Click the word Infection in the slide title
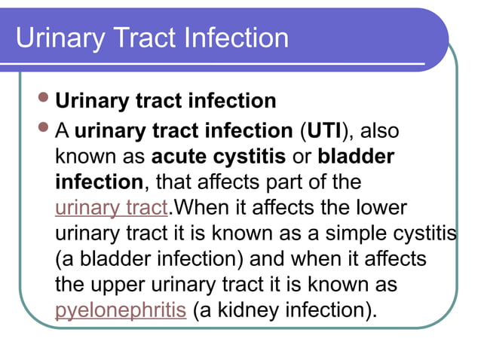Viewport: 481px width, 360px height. pos(234,38)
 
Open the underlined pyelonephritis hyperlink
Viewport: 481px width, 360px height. pos(121,310)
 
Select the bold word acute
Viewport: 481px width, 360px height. pos(179,157)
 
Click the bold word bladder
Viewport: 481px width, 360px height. pos(356,157)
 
